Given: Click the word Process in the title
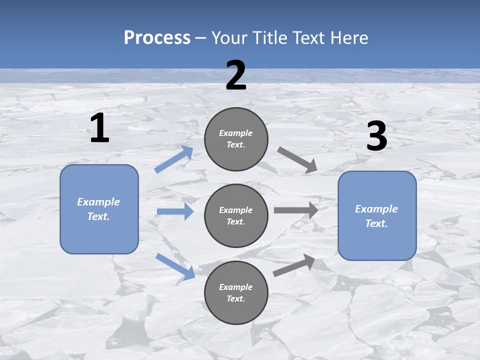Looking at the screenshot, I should click(x=157, y=38).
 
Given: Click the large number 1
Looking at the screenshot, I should click(x=99, y=128).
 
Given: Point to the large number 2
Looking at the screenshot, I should click(x=236, y=75).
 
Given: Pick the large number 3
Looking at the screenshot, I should click(x=376, y=136).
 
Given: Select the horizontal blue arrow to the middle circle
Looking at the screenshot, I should click(x=175, y=211).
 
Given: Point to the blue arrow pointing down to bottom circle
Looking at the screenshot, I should click(x=175, y=266).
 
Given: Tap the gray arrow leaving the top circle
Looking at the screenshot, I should click(x=297, y=160).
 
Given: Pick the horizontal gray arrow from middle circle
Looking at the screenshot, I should click(x=296, y=210).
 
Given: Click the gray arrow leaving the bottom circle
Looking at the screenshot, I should click(x=294, y=265).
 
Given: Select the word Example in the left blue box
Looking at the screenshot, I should click(x=98, y=202).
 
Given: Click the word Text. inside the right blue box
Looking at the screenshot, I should click(x=376, y=223).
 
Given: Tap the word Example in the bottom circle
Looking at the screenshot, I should click(x=236, y=287).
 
